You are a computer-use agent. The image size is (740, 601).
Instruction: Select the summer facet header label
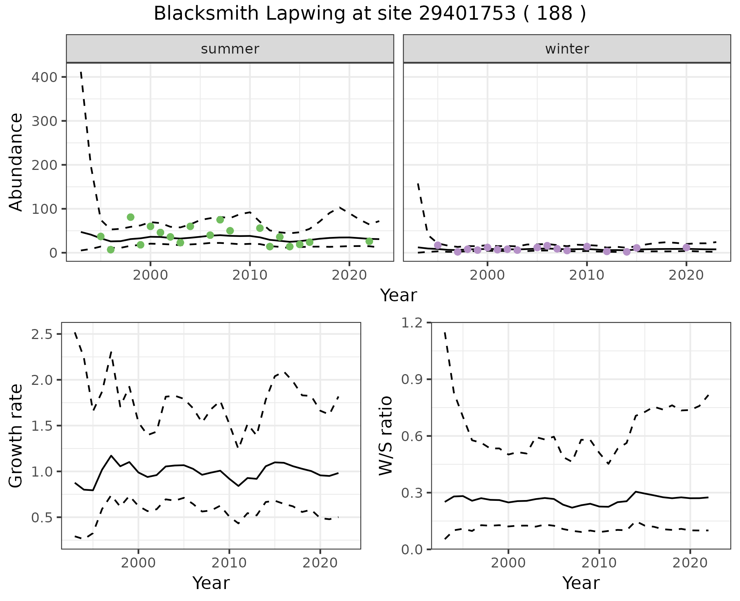230,49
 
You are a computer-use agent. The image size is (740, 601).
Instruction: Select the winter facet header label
567,49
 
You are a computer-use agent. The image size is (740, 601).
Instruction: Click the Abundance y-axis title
16,162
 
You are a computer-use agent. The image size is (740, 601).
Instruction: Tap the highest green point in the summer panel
131,217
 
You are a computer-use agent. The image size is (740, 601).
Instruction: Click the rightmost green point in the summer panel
369,242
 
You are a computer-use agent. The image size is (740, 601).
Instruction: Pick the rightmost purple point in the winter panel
686,247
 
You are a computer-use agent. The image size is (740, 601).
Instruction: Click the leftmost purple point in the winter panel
438,245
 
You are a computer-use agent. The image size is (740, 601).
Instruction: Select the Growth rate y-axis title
16,435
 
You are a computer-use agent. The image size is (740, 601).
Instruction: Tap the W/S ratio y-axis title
385,435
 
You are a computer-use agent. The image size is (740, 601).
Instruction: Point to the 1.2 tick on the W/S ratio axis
412,323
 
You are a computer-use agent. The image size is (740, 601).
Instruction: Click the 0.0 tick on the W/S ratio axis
412,549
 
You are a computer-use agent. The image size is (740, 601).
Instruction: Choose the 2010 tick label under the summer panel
250,275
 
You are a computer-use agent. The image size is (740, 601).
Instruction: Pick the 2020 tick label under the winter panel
686,275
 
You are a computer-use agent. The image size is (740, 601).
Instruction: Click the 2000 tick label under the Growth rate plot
138,563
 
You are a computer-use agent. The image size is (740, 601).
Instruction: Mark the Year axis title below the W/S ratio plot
581,583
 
